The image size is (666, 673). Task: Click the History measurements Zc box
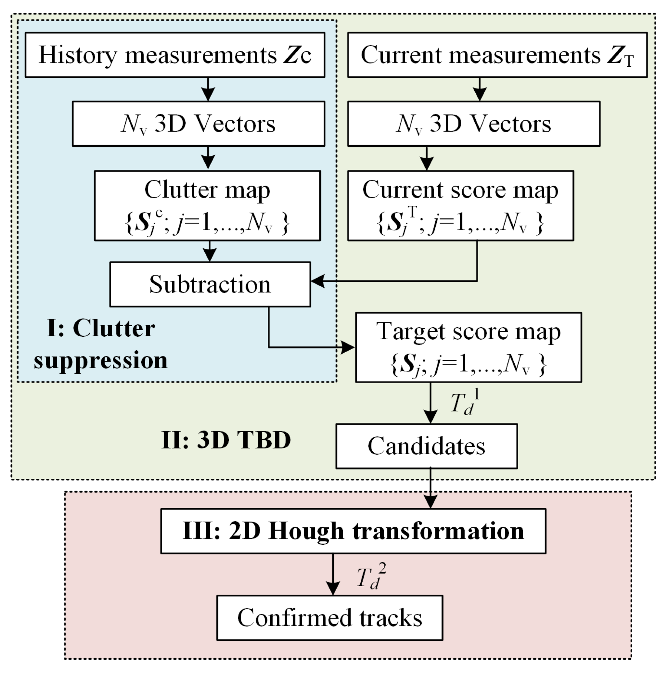pyautogui.click(x=175, y=55)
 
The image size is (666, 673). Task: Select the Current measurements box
pyautogui.click(x=497, y=55)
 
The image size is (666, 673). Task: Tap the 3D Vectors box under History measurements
pyautogui.click(x=198, y=124)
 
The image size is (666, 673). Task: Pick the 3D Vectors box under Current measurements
pyautogui.click(x=474, y=124)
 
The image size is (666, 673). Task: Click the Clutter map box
pyautogui.click(x=207, y=205)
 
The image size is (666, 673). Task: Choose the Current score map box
pyautogui.click(x=460, y=205)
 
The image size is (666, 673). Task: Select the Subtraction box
pyautogui.click(x=210, y=284)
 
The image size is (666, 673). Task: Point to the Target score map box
pyautogui.click(x=468, y=347)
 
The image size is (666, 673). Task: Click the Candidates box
pyautogui.click(x=426, y=446)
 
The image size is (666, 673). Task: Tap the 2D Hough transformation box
pyautogui.click(x=353, y=531)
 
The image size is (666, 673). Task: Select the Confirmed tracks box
pyautogui.click(x=329, y=617)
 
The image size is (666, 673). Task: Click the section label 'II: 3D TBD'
pyautogui.click(x=226, y=440)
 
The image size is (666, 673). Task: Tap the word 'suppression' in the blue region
pyautogui.click(x=101, y=360)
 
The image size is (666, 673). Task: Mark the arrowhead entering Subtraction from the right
pyautogui.click(x=317, y=281)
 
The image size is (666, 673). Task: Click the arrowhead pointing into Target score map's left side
pyautogui.click(x=348, y=347)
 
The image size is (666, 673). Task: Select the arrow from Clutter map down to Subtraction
pyautogui.click(x=210, y=251)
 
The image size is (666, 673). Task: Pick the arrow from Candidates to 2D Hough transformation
pyautogui.click(x=430, y=488)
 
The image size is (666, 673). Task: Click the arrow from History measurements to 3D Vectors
pyautogui.click(x=208, y=89)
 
